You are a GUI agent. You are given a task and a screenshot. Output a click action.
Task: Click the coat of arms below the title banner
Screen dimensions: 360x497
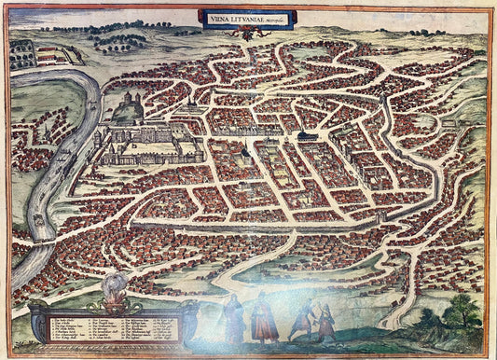click(x=246, y=32)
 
